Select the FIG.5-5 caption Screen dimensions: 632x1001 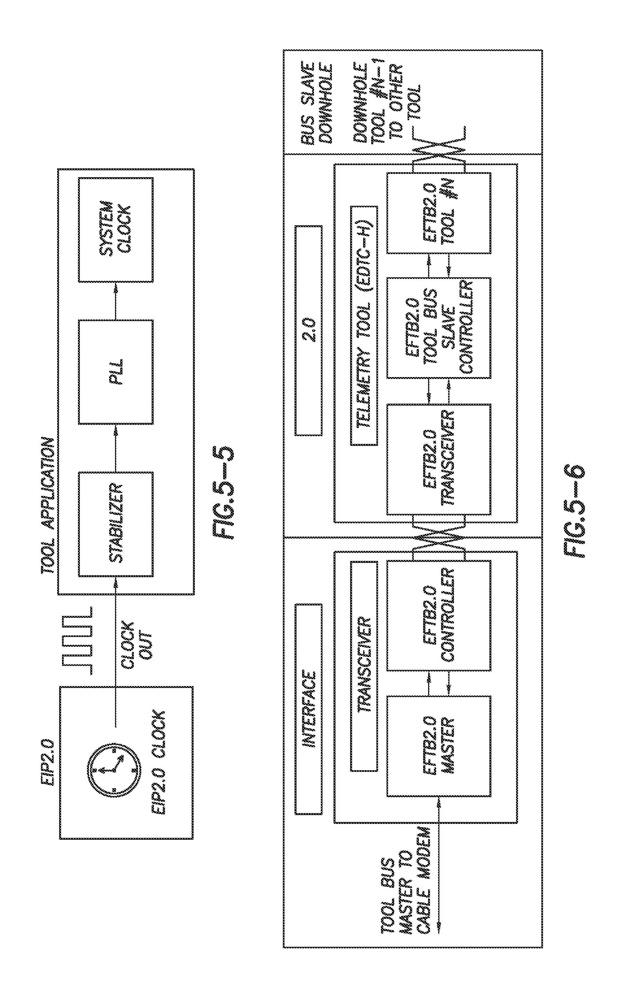pos(223,493)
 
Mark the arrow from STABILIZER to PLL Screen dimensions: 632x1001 pos(116,448)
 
